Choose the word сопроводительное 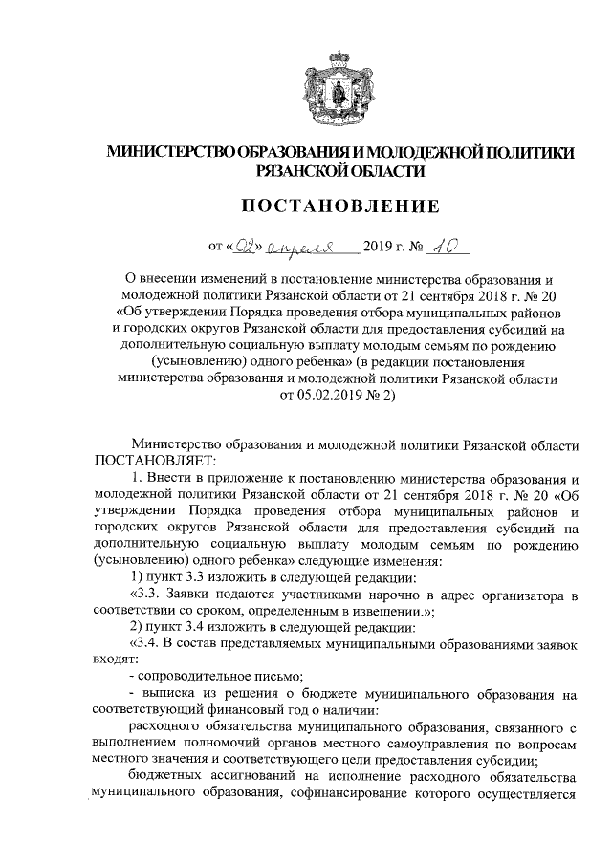tap(195, 677)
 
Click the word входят tap(113, 660)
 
